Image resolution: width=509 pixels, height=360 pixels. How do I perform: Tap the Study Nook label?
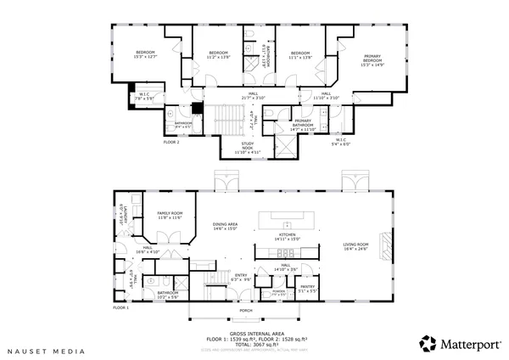tap(248, 147)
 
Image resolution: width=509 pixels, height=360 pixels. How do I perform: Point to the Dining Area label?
tap(225, 226)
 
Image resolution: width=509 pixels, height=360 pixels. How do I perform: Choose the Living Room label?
tap(355, 246)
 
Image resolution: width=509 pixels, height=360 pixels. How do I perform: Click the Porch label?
tap(244, 310)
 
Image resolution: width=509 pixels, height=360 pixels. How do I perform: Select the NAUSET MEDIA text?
tap(37, 349)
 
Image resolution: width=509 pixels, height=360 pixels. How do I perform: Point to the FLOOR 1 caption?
tap(121, 307)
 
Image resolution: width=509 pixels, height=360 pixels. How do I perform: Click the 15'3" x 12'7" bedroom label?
tap(146, 55)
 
